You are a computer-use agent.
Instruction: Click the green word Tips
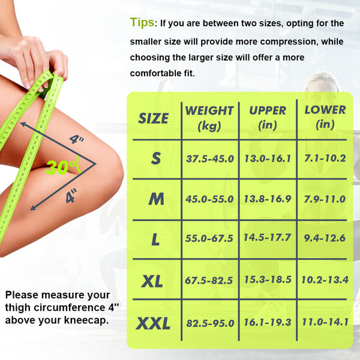click(142, 23)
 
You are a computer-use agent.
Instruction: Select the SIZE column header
click(154, 118)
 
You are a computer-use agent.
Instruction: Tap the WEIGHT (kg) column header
click(209, 118)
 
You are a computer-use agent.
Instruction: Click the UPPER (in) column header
click(268, 118)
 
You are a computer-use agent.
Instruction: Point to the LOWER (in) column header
click(325, 118)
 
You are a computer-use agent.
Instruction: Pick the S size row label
click(156, 158)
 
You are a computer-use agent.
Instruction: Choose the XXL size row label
click(153, 323)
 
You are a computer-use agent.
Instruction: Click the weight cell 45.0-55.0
click(209, 199)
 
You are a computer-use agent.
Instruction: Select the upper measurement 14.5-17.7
click(268, 238)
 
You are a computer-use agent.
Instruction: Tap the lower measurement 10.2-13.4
click(325, 280)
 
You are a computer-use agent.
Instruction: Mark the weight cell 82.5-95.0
click(210, 323)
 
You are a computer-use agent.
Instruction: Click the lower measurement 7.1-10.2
click(325, 158)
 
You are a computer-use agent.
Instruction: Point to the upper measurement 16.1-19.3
click(268, 322)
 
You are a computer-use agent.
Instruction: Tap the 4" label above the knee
click(76, 139)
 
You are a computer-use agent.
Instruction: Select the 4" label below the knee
click(71, 196)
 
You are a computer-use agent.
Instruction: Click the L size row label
click(155, 239)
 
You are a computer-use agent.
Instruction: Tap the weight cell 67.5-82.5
click(209, 280)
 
